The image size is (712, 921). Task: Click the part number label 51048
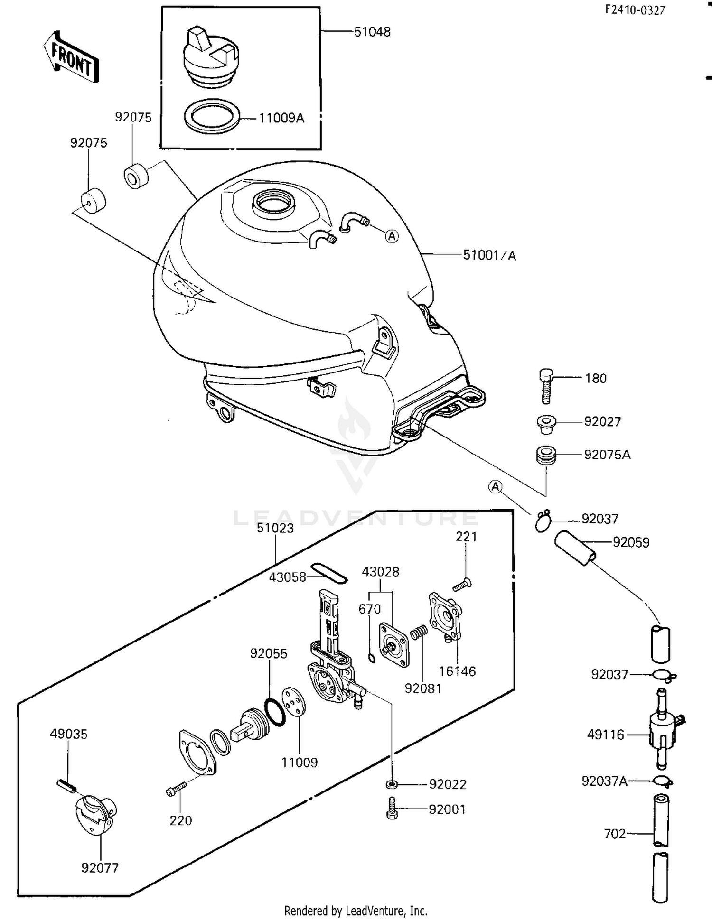372,32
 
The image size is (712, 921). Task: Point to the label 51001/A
489,255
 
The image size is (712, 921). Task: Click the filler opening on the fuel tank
274,202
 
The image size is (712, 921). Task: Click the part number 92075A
607,455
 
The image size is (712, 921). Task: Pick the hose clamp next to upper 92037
543,520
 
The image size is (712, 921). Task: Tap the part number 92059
631,542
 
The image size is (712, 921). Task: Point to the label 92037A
604,781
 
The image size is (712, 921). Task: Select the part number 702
615,834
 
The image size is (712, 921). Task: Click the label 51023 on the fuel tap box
275,528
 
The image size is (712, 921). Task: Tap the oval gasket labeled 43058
329,573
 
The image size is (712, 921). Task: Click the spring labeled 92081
419,633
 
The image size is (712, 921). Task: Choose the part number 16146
457,671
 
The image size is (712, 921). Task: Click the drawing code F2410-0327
635,10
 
